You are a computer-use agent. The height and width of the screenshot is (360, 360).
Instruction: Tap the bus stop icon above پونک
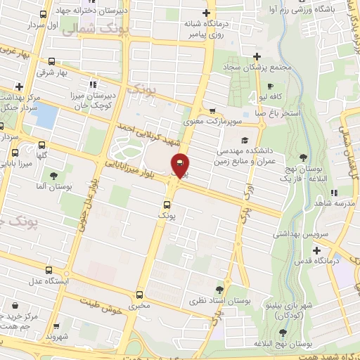tap(165, 204)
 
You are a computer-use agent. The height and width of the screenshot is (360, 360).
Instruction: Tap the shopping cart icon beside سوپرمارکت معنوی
tap(212, 110)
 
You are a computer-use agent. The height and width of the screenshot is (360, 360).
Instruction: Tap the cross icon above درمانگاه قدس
tap(316, 250)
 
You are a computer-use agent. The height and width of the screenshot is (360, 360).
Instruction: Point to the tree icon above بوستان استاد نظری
tap(220, 289)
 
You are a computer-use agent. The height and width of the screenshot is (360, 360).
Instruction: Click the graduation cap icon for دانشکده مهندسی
tap(243, 139)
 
